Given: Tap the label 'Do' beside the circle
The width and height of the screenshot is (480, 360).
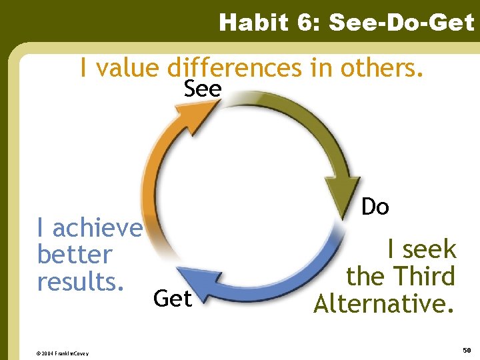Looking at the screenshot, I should [375, 207].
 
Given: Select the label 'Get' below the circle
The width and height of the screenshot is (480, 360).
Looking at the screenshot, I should [172, 299].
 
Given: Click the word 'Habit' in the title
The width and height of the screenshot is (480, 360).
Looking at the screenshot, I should [251, 23].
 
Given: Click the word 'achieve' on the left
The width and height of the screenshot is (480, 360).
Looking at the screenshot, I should [97, 229].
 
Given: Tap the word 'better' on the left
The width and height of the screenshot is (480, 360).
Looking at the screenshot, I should [75, 255].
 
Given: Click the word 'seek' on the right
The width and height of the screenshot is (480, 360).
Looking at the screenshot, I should [430, 250].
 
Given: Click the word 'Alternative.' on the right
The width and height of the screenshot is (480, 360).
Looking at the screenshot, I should [385, 303].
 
